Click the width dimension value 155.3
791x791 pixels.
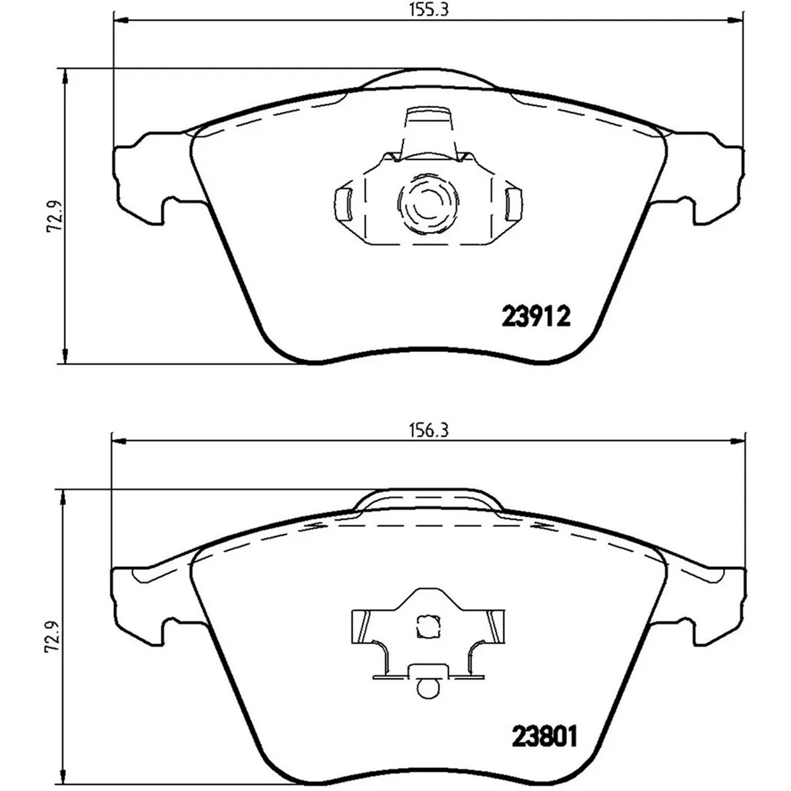[428, 9]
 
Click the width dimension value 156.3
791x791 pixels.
[428, 430]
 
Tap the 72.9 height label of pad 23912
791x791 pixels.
[55, 216]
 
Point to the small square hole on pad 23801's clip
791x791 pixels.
[428, 626]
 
